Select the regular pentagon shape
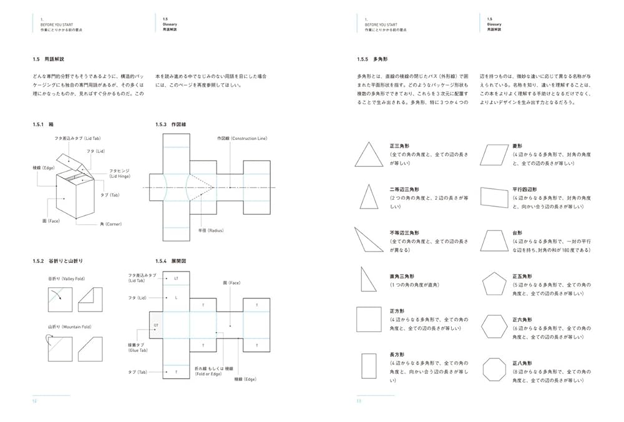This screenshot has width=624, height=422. click(x=495, y=284)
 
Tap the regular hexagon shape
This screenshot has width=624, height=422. click(x=495, y=326)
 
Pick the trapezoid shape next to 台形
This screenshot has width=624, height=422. click(x=495, y=240)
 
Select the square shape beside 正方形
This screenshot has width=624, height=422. click(x=369, y=319)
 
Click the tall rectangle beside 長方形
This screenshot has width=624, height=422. click(x=369, y=367)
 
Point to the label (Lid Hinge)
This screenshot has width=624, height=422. click(x=120, y=177)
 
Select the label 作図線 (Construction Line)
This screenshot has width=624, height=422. click(x=241, y=138)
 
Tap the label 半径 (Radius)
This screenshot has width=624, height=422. click(x=211, y=230)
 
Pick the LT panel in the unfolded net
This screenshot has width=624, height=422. click(x=176, y=278)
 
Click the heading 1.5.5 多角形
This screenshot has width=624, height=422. click(x=372, y=59)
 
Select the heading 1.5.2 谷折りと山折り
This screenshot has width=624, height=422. click(x=57, y=260)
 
